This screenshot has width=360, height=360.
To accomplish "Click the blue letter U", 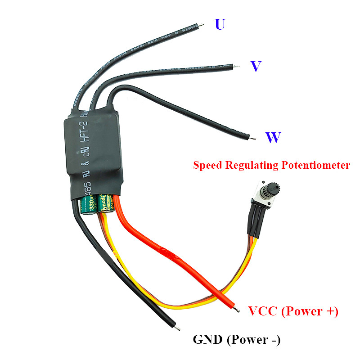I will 220,24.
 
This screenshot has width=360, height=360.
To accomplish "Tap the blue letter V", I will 256,67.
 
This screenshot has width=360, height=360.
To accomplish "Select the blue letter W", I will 273,138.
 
